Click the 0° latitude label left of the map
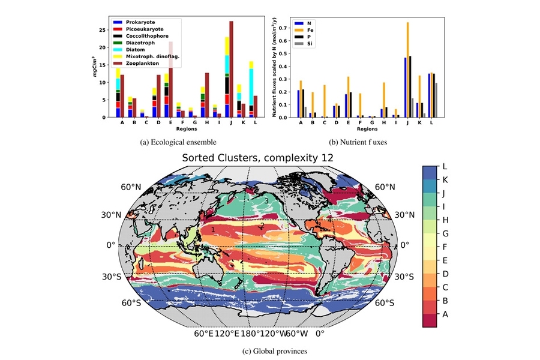point(110,245)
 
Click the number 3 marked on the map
point(266,201)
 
